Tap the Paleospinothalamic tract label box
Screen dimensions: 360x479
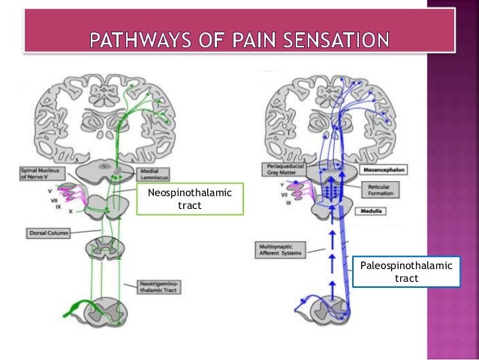point(405,273)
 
